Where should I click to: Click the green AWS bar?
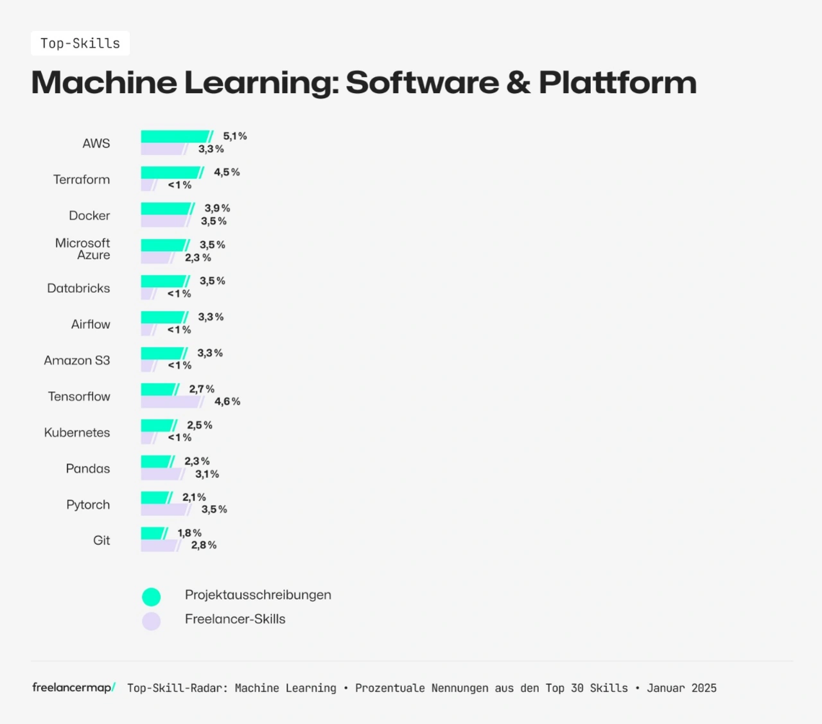pos(175,137)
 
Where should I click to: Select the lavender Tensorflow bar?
pos(171,402)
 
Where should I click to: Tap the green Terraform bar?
pos(171,173)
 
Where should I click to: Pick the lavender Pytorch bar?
pos(165,510)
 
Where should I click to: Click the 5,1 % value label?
pos(235,136)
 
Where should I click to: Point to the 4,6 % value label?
pos(227,402)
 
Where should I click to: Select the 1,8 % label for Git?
pos(189,533)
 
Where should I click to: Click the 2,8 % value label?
pos(204,545)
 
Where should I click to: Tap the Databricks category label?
pos(78,288)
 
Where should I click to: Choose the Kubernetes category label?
pos(77,432)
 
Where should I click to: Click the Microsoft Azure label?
pos(83,249)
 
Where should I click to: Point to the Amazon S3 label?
pos(77,360)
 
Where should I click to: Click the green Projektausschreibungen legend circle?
pos(152,597)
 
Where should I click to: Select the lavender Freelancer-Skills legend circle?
pos(152,621)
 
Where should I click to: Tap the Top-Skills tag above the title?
pos(80,44)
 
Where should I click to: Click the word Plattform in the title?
pos(618,83)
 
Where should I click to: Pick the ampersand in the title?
pos(518,83)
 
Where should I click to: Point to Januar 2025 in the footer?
pos(681,688)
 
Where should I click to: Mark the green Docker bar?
pos(166,209)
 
